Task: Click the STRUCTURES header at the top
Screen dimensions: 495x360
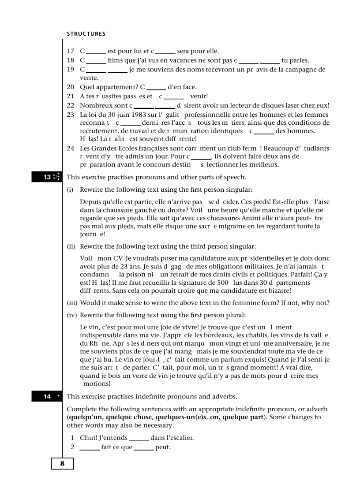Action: pos(86,33)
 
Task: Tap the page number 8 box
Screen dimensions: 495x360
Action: pos(62,463)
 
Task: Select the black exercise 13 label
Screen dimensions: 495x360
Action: pos(46,177)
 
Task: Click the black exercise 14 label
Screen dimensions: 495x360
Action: pos(46,397)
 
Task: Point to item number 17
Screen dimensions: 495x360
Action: pos(71,51)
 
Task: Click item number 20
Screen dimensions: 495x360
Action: pos(71,87)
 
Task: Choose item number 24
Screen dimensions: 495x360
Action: pos(71,149)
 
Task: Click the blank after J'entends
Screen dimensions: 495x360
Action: pos(139,438)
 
